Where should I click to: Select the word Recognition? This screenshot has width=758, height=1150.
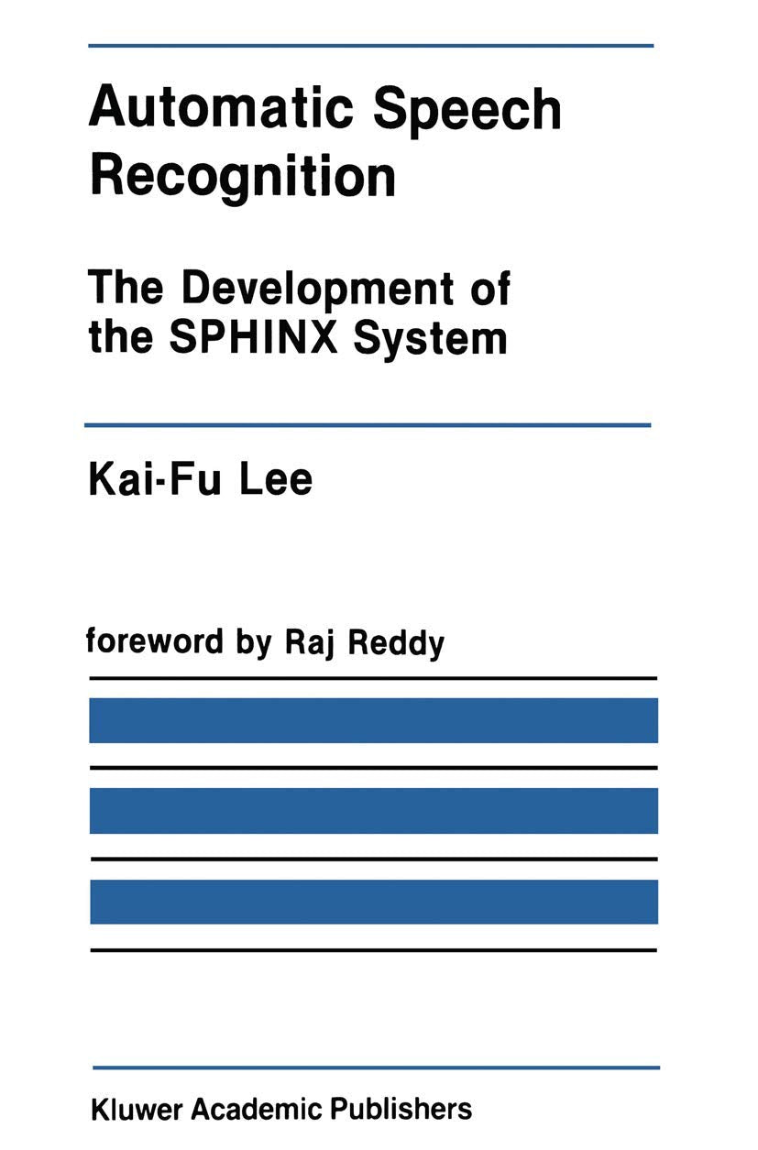click(x=242, y=177)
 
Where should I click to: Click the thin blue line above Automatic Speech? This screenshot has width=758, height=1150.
click(x=371, y=45)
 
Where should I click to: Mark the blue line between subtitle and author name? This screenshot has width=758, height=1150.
click(x=368, y=425)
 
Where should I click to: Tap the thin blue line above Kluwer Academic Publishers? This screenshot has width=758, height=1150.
click(x=376, y=1068)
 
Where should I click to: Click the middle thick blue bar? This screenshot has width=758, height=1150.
click(x=373, y=811)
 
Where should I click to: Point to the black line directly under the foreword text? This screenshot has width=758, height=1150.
click(x=373, y=678)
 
